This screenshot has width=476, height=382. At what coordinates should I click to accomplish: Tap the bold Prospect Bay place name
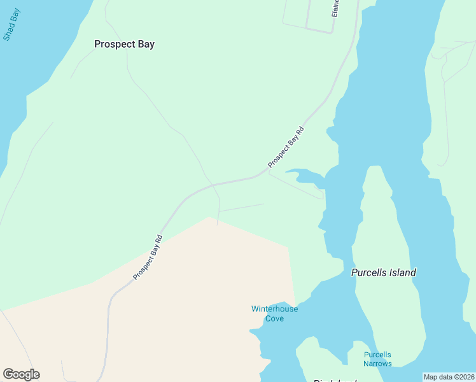coord(124,44)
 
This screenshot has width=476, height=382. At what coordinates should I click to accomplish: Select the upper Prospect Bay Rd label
coord(286,148)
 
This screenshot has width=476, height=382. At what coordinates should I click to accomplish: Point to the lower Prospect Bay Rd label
coord(148,257)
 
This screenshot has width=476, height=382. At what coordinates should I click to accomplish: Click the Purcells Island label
coord(383,272)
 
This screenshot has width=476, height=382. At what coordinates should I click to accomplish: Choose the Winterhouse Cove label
coord(274,313)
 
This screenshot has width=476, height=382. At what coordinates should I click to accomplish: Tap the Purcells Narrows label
coord(377,359)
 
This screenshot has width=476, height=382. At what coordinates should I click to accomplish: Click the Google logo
coord(21,374)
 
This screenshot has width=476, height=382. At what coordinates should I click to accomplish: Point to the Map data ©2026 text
coord(448,377)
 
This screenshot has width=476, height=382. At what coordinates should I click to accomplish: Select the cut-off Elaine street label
coord(336,9)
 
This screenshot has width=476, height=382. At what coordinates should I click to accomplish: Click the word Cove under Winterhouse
coord(274,318)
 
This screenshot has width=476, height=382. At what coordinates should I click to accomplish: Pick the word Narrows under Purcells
coord(377,364)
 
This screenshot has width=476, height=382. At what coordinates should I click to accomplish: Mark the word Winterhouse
coord(274,309)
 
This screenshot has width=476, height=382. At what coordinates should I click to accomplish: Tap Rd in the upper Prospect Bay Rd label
coord(300,132)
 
